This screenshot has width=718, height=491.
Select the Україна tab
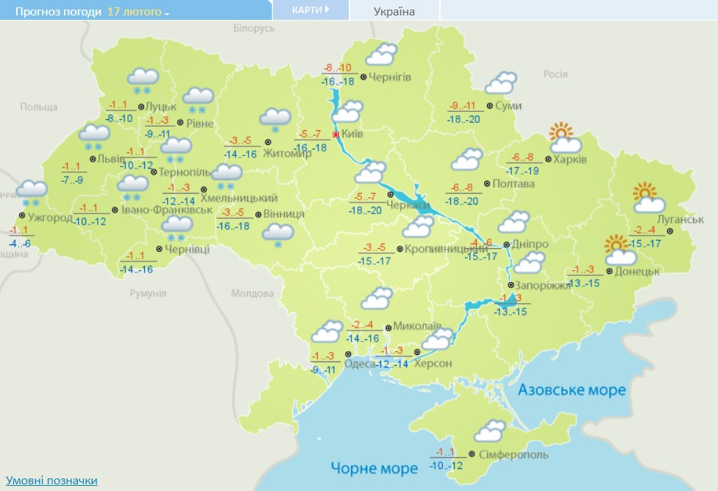[394, 11]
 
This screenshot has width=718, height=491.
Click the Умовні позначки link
[51, 480]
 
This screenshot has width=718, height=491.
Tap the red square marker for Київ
[336, 135]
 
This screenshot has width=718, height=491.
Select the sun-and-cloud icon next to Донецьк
[619, 250]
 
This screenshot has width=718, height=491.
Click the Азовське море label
[572, 389]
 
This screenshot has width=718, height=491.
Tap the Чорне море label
[374, 468]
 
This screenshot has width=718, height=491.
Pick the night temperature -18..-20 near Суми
[464, 119]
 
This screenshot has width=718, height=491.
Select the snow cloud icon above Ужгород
[32, 193]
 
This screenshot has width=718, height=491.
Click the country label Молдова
[252, 293]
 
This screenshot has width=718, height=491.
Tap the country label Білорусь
[254, 28]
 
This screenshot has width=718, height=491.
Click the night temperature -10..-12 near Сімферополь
[446, 465]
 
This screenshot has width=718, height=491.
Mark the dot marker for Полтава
[487, 183]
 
